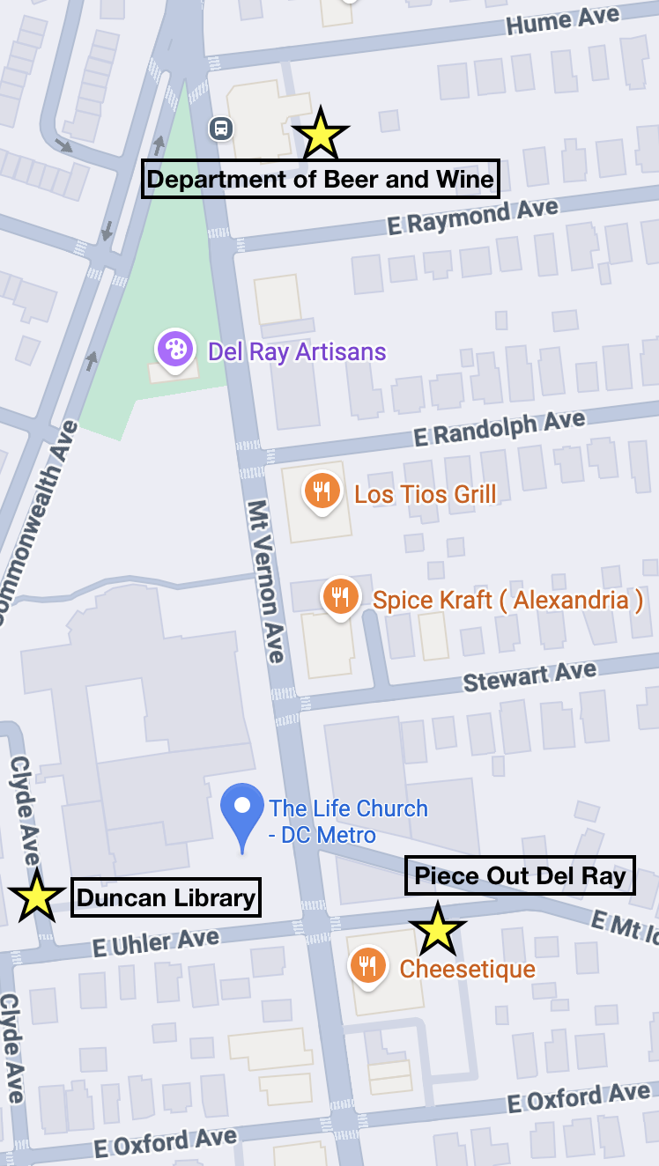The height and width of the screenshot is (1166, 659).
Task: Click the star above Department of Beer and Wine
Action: tap(321, 135)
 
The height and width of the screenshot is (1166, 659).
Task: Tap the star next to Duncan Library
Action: tap(36, 897)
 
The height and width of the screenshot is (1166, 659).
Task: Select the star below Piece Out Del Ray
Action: tap(437, 930)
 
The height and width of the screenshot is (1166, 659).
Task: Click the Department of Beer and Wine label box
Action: tap(321, 180)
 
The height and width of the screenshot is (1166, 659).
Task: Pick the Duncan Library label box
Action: tap(166, 898)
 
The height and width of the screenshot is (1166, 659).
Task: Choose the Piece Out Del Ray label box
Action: tap(520, 876)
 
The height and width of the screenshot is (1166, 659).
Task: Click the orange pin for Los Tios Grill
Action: tap(322, 491)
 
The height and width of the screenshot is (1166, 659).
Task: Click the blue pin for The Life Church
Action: tap(242, 811)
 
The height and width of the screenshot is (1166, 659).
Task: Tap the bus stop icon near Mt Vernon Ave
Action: tap(220, 129)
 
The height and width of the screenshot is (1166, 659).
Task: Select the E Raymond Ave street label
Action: tap(473, 217)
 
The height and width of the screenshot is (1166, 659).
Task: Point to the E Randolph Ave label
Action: tap(499, 429)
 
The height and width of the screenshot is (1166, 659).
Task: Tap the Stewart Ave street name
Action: tap(529, 677)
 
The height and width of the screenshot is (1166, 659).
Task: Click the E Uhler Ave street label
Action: tap(155, 943)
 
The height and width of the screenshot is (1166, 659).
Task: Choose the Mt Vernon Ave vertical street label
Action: tap(266, 582)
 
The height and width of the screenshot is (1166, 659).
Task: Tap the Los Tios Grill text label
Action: tap(426, 493)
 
